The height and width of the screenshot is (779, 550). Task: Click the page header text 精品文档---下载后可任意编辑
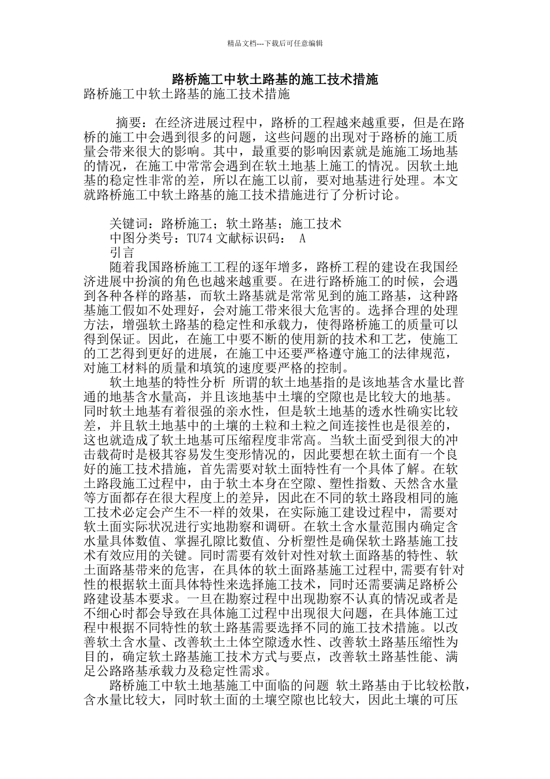275,43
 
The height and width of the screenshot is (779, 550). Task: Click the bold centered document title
275,79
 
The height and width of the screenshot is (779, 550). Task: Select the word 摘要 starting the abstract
129,123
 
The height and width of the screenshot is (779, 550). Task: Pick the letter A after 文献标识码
302,238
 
